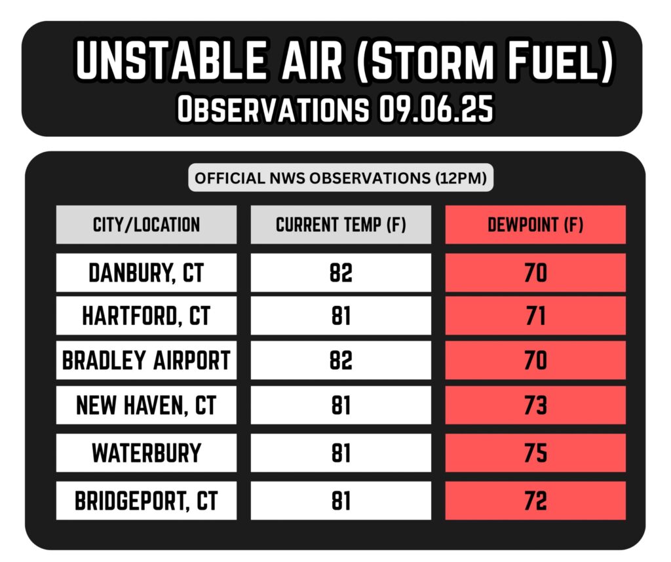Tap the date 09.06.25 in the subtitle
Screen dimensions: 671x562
(x=436, y=109)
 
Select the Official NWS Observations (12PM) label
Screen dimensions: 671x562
(x=341, y=178)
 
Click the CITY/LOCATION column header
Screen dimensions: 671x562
(x=146, y=225)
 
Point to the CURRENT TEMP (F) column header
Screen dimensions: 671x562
(x=341, y=225)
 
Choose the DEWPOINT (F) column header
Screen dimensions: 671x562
(x=535, y=225)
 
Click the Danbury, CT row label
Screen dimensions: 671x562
(x=146, y=273)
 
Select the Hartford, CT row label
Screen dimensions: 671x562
(x=146, y=316)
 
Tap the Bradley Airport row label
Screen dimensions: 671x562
(x=146, y=360)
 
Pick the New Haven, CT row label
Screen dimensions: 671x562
(x=146, y=405)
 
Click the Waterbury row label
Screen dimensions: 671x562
(x=146, y=453)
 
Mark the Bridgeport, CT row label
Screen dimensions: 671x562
(x=146, y=500)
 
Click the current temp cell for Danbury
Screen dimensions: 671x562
(x=341, y=273)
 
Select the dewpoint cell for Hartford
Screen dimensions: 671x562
(x=535, y=316)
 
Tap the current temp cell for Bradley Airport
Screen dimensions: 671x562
(x=341, y=360)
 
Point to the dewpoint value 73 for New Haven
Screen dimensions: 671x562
(x=535, y=405)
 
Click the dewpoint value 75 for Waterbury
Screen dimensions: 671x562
(x=535, y=453)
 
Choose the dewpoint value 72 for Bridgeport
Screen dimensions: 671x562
(x=535, y=501)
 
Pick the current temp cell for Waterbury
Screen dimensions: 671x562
(x=341, y=453)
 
